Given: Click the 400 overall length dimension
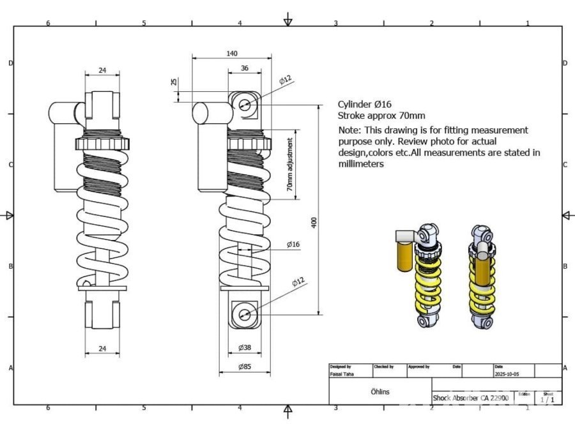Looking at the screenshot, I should [x=314, y=222].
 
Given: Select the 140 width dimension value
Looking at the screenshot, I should [x=232, y=54].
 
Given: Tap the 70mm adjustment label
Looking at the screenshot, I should [x=289, y=167].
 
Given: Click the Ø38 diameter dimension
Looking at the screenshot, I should [x=245, y=348].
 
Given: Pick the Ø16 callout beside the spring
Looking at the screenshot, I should [x=293, y=245].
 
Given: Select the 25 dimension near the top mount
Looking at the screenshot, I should [x=174, y=82].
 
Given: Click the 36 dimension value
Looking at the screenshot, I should [x=245, y=68].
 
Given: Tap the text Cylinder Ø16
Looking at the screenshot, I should [x=364, y=104].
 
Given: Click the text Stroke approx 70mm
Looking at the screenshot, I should [x=381, y=116].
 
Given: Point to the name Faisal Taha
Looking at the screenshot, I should [x=341, y=374].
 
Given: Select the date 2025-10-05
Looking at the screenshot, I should [x=507, y=374].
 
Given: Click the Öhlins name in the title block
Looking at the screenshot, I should [x=380, y=391].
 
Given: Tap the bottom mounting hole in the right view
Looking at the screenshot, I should [x=245, y=314].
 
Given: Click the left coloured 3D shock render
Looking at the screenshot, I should [x=422, y=275].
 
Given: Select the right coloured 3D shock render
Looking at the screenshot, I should [x=482, y=275].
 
